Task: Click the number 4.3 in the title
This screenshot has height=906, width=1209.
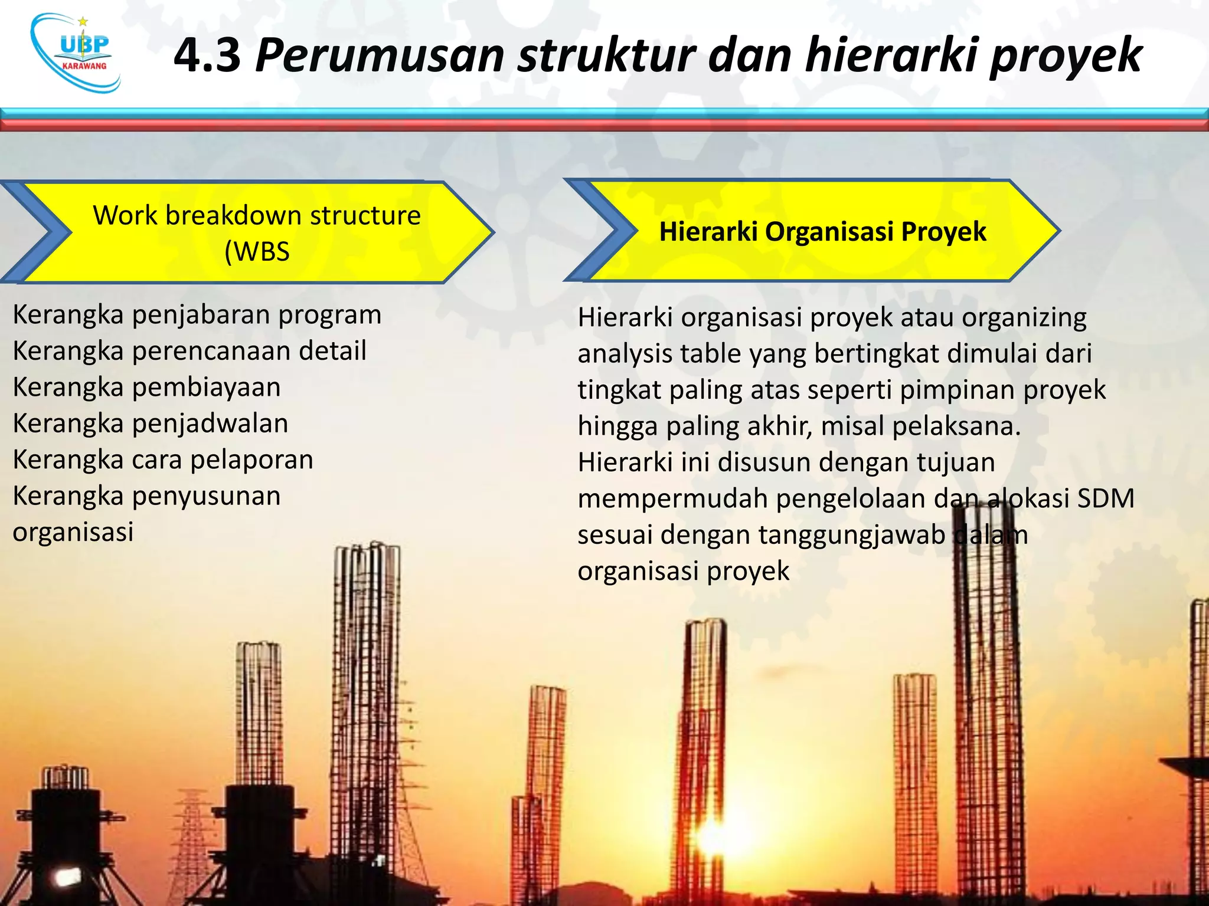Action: pyautogui.click(x=207, y=55)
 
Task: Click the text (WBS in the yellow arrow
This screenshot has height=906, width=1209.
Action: pyautogui.click(x=257, y=252)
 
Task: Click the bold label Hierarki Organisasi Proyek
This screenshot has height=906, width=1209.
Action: pyautogui.click(x=822, y=231)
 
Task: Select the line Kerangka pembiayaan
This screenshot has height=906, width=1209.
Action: pyautogui.click(x=146, y=388)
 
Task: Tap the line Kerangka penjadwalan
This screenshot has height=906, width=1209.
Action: pyautogui.click(x=151, y=424)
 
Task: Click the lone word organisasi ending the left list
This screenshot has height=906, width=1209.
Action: pyautogui.click(x=73, y=532)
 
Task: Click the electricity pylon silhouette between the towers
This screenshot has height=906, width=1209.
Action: pyautogui.click(x=191, y=838)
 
